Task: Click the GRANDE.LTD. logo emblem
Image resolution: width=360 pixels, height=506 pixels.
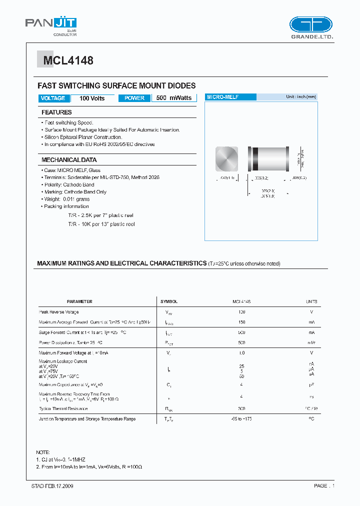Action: tap(311, 25)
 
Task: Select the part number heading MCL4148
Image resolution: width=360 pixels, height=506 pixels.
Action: tap(68, 61)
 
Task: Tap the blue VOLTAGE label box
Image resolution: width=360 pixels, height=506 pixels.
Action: tap(53, 98)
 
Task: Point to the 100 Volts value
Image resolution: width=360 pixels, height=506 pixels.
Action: tap(92, 98)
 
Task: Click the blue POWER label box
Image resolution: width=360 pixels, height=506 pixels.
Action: tap(134, 98)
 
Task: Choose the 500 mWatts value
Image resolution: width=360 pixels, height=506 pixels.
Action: tap(173, 98)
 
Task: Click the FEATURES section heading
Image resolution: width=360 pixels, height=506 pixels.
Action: tap(56, 112)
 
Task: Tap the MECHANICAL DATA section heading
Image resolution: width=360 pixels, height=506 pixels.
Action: tap(69, 160)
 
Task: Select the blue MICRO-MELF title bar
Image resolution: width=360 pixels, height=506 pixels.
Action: tap(230, 97)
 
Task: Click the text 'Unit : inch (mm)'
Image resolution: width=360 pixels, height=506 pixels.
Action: tap(301, 97)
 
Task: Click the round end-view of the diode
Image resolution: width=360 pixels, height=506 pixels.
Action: tap(227, 159)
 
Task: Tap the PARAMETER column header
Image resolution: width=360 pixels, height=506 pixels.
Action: tap(79, 302)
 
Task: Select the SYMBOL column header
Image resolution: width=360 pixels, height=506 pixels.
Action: tap(168, 302)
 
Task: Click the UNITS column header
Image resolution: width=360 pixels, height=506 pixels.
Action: tap(311, 302)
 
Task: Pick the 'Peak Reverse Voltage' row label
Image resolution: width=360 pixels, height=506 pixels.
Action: tap(59, 312)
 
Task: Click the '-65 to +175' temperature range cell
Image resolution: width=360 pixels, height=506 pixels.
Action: tap(241, 419)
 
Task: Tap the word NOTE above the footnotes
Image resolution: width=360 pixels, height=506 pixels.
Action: tap(43, 452)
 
